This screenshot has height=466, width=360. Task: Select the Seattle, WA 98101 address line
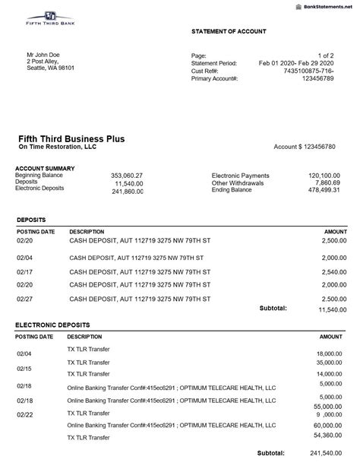pyautogui.click(x=51, y=68)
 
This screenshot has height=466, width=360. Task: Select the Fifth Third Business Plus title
pyautogui.click(x=71, y=138)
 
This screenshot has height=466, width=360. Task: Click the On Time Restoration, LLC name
pyautogui.click(x=57, y=147)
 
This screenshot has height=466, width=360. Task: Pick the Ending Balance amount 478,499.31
pyautogui.click(x=324, y=190)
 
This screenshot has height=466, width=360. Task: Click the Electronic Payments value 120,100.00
pyautogui.click(x=324, y=176)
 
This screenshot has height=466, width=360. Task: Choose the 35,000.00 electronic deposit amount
pyautogui.click(x=328, y=363)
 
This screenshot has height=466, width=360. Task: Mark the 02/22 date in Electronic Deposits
pyautogui.click(x=24, y=416)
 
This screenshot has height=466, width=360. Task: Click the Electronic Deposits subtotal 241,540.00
pyautogui.click(x=328, y=454)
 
